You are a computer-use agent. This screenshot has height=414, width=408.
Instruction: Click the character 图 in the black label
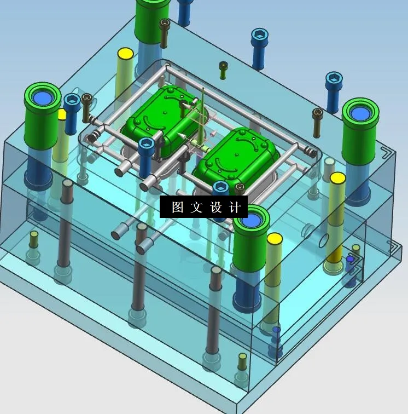(x=177, y=208)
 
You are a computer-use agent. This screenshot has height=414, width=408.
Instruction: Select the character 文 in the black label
(x=196, y=208)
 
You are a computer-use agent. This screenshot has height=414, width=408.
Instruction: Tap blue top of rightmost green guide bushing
(x=360, y=113)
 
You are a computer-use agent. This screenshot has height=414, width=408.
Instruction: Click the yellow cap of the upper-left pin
(x=126, y=54)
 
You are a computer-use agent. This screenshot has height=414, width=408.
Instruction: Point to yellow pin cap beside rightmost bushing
(x=337, y=178)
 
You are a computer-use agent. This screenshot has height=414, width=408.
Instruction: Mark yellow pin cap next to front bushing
(x=275, y=238)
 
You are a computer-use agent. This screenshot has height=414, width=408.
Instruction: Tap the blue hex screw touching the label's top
(x=220, y=188)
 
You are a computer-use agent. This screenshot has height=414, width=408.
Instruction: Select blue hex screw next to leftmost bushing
(x=72, y=101)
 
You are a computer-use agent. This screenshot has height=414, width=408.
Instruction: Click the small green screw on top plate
(x=223, y=66)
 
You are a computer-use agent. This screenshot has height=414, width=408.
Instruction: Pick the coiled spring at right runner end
(x=310, y=151)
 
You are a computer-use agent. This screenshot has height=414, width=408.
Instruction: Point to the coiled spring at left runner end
(x=95, y=135)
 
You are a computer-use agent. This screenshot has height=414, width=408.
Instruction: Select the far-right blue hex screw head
(x=334, y=80)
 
